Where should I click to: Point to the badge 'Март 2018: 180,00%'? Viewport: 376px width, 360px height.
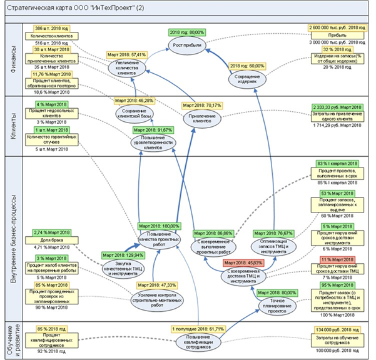(x=159, y=226)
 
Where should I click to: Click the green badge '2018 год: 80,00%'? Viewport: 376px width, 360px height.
(x=187, y=31)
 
